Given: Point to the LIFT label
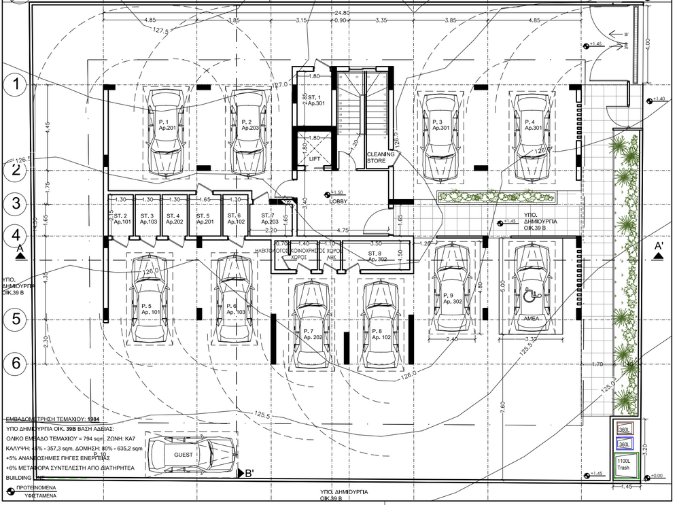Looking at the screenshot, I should (x=315, y=159).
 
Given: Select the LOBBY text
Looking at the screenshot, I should (x=338, y=202).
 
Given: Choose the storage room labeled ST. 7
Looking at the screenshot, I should (x=267, y=218).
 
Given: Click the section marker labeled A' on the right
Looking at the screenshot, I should (x=658, y=250).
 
